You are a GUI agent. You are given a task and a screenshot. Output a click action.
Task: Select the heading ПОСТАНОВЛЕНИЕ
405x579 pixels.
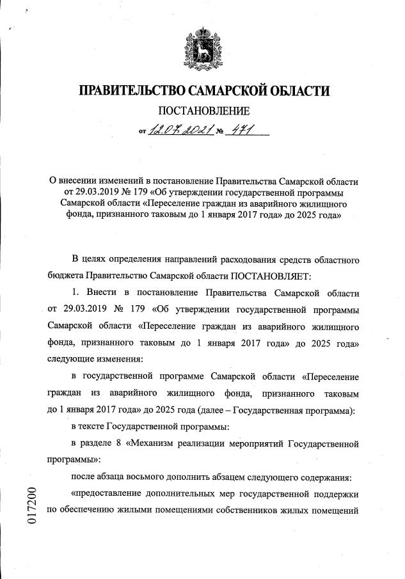pos(202,113)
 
